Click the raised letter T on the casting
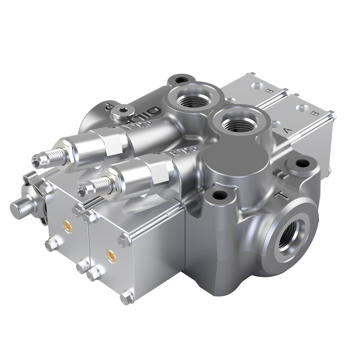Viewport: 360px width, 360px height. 283,196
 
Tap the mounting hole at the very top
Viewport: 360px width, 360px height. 180,80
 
